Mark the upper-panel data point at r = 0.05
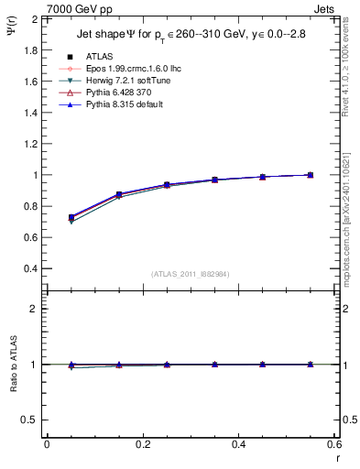71,217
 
